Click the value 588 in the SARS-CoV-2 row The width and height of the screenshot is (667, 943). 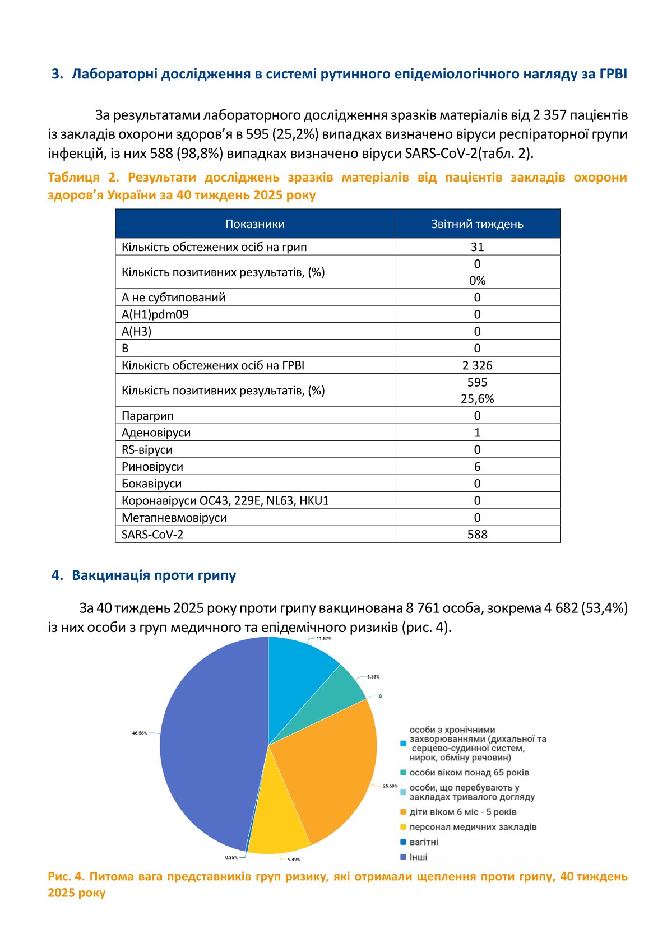[477, 535]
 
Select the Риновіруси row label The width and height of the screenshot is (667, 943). [152, 467]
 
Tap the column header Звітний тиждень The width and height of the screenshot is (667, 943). [477, 224]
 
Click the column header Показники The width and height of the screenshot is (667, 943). [255, 224]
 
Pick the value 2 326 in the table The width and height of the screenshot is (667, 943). [477, 365]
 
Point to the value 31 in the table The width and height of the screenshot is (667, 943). [477, 247]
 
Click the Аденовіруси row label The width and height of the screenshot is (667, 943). [156, 433]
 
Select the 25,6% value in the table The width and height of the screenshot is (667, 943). [477, 399]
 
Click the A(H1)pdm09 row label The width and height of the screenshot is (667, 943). [155, 314]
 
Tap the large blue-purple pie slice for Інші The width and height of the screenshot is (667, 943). [207, 745]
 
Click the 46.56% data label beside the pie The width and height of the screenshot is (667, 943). [140, 733]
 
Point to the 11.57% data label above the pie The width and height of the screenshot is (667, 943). [324, 639]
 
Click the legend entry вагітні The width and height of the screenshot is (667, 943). [424, 842]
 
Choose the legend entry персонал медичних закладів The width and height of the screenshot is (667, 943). [473, 827]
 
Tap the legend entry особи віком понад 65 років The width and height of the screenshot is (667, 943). [469, 773]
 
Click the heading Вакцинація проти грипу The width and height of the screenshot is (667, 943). [154, 575]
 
